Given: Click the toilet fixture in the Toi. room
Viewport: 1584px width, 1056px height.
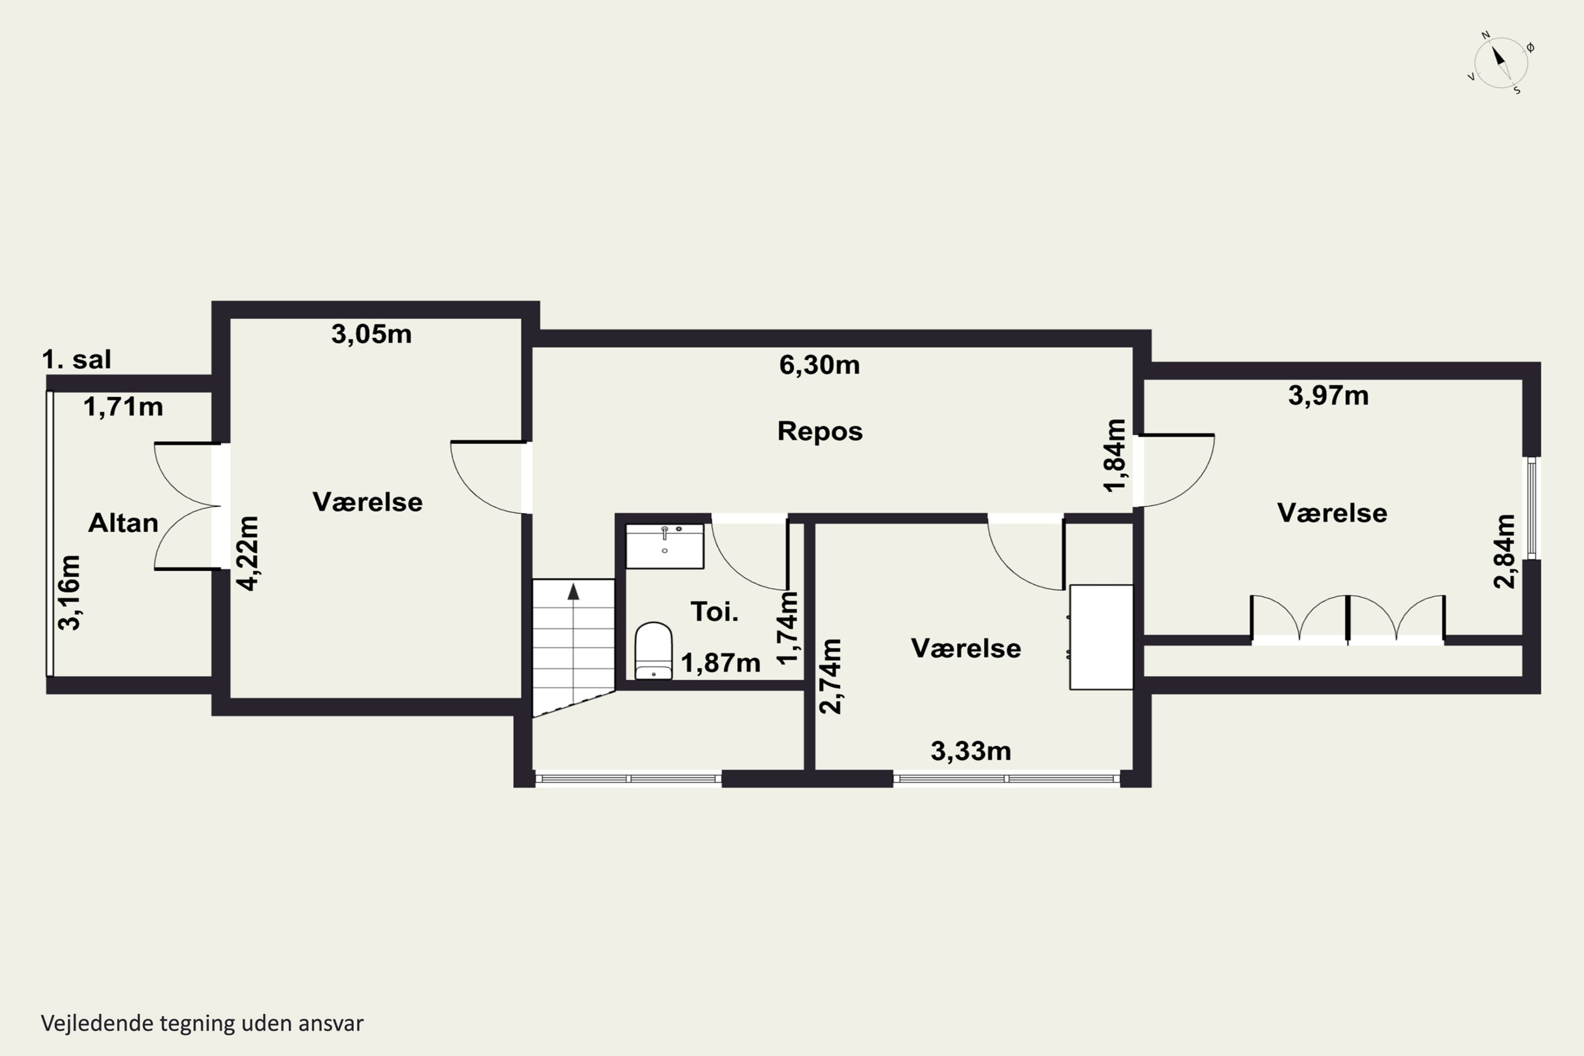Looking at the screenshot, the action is tap(653, 650).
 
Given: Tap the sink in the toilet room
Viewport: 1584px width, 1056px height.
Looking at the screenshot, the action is tap(665, 546).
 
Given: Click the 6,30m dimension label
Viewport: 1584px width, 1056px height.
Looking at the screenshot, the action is tap(819, 365).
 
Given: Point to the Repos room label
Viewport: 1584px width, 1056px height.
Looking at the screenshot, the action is tap(819, 431).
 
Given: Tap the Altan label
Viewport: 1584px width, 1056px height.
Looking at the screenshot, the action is tap(123, 523).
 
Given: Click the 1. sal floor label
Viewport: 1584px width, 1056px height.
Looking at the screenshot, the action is tap(76, 360).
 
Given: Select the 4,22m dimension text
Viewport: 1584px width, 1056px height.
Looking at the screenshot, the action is tap(248, 553).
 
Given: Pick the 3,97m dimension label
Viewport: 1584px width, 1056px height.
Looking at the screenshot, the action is tap(1328, 395).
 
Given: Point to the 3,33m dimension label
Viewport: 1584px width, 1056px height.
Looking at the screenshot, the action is tap(970, 751).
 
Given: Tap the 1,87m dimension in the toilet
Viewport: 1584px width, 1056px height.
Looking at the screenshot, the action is tap(721, 663).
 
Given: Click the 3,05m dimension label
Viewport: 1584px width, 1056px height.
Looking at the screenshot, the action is tap(371, 334).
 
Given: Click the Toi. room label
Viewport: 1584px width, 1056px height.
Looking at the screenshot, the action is tap(714, 611).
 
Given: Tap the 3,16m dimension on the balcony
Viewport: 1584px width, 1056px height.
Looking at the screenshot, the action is tap(69, 592).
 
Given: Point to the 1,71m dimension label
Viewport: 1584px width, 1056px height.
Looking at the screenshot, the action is tap(123, 407).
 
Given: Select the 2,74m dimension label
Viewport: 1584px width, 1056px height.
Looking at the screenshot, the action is tap(829, 676).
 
